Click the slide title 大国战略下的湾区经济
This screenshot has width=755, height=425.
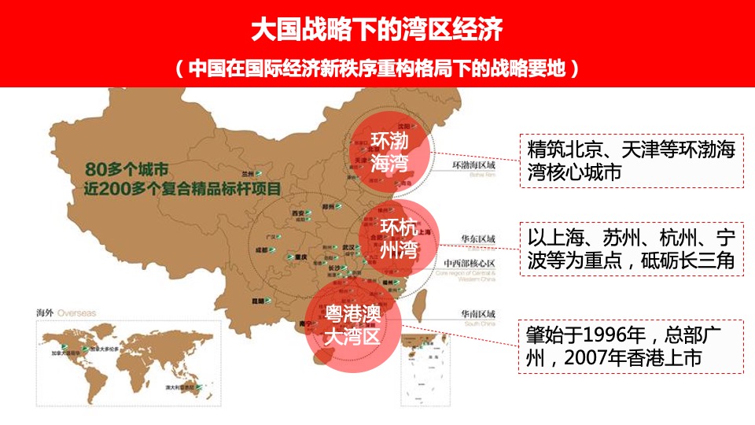377,30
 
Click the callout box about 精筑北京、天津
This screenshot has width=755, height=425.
632,161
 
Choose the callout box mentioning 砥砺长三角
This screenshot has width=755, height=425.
632,249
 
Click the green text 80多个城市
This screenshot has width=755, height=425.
127,169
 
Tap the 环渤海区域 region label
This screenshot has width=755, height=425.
473,166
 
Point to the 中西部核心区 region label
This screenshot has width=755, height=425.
470,263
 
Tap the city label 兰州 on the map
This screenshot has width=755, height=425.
249,173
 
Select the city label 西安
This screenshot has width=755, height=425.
297,213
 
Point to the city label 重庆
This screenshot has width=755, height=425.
300,257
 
